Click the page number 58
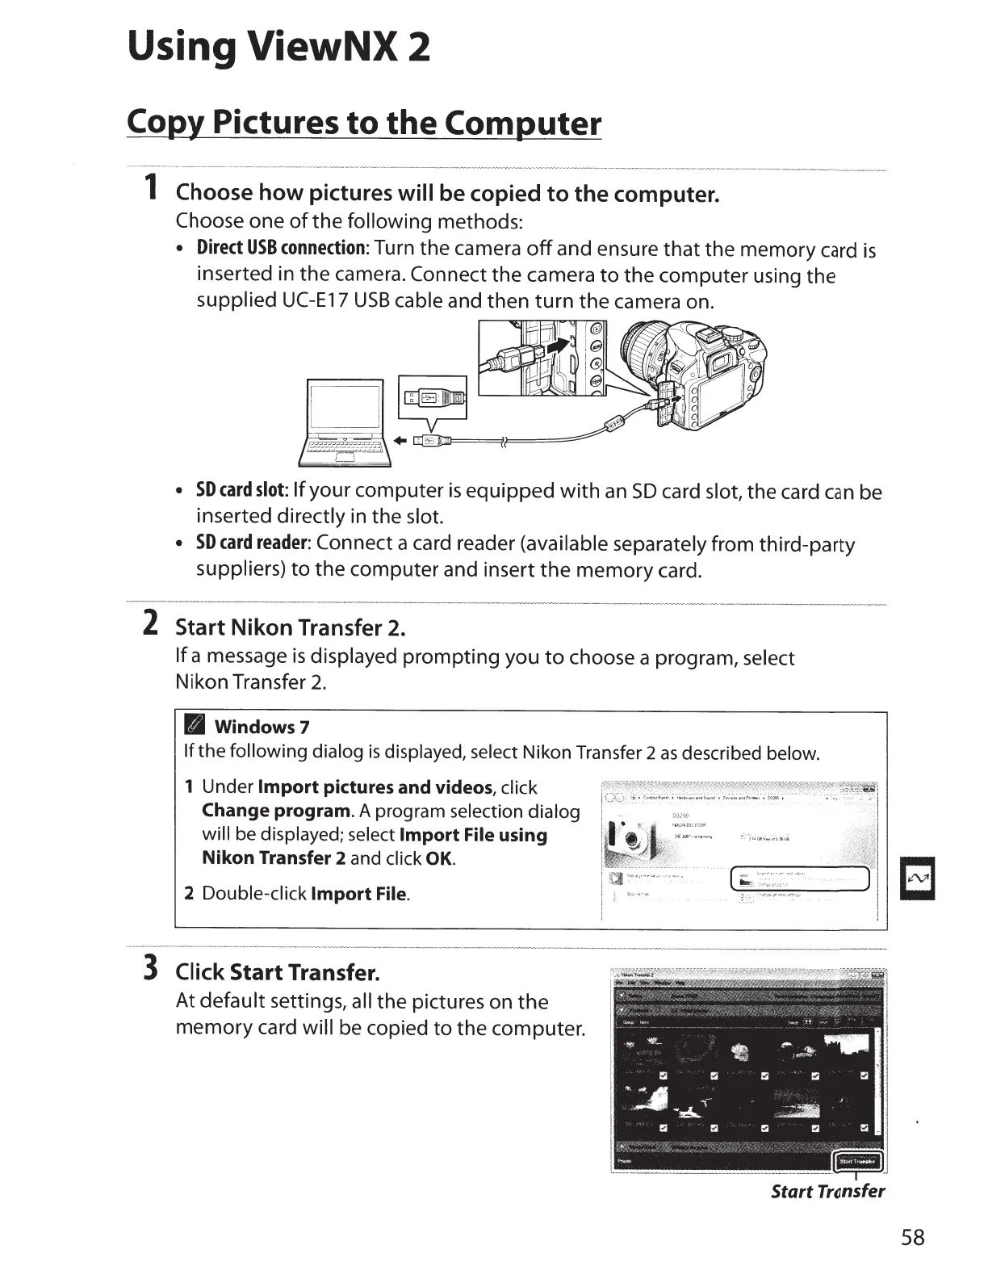pos(913,1237)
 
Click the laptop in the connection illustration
pos(345,423)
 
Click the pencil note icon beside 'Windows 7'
pos(196,726)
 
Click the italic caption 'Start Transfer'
pos(827,1192)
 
